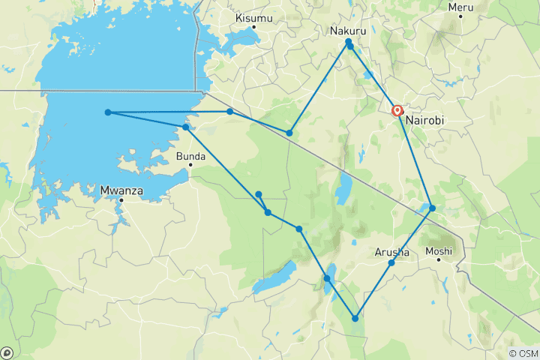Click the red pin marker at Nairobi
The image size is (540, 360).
[398, 110]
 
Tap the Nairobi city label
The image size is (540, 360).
[427, 120]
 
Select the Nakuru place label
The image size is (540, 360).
[349, 31]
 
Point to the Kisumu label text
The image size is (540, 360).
[253, 17]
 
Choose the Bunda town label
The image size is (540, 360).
[190, 157]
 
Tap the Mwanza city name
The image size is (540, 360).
[121, 190]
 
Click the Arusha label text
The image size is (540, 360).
[391, 253]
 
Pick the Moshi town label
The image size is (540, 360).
[439, 251]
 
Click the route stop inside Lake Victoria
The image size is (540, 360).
[108, 112]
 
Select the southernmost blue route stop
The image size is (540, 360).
[355, 318]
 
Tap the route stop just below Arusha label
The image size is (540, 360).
[391, 263]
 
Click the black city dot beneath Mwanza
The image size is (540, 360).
[121, 200]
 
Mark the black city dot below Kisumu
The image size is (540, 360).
[254, 27]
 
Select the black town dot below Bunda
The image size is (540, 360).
[190, 166]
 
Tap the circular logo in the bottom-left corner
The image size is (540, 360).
[7, 352]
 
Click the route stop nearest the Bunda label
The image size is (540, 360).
[186, 127]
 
